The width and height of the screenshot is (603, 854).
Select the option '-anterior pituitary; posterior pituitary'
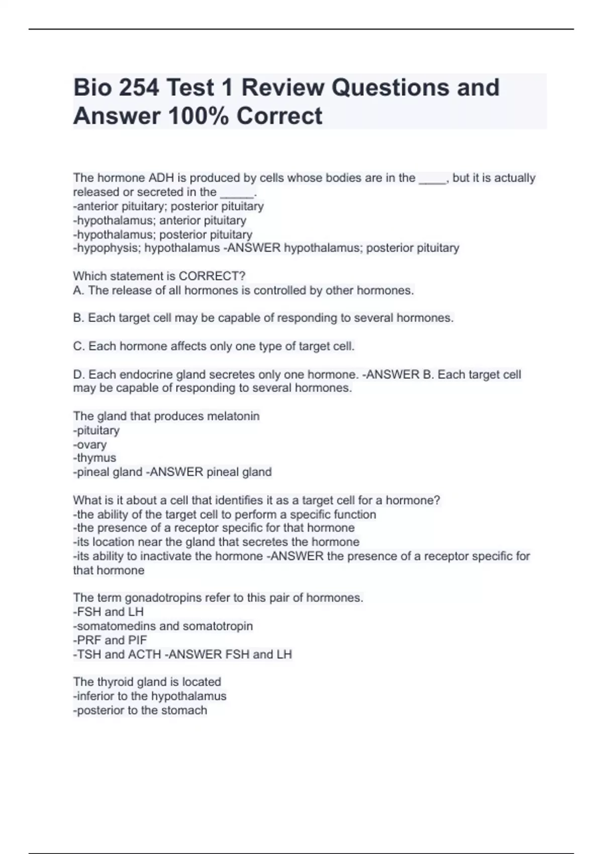pos(168,206)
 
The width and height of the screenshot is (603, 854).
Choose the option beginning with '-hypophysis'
pos(146,248)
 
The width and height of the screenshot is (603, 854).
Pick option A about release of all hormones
pos(244,290)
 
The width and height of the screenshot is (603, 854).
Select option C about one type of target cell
pos(214,346)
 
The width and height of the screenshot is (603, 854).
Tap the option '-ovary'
pos(90,445)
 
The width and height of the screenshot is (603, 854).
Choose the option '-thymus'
pos(94,458)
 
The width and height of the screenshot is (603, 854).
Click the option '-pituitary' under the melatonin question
pos(96,431)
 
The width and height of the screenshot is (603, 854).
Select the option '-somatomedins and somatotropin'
pos(163,626)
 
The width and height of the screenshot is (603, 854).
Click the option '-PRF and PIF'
pos(110,640)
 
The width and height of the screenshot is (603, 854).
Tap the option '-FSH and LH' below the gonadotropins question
pos(109,612)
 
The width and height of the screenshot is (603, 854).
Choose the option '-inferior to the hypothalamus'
pos(150,696)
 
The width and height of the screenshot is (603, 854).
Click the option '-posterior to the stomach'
pos(140,710)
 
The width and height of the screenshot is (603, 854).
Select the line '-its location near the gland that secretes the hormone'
pos(216,542)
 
